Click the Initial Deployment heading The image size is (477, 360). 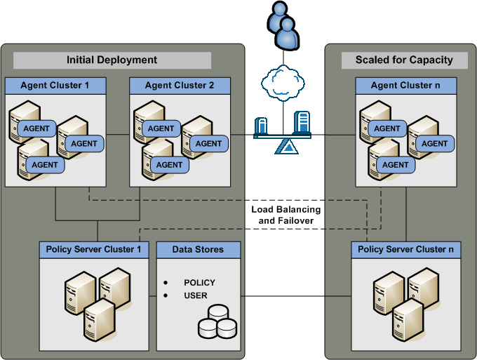point(112,60)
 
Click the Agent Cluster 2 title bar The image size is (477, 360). point(180,86)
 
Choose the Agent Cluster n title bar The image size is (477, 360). point(406,86)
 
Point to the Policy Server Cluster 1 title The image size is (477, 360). point(94,249)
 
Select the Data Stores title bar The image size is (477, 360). point(199,249)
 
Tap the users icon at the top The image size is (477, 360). point(283,25)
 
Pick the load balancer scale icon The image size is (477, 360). point(283,133)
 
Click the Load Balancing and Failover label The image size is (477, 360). point(285,215)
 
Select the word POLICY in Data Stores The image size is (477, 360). point(199,283)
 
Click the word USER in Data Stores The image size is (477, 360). point(196,295)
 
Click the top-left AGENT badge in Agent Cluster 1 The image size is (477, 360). point(36,129)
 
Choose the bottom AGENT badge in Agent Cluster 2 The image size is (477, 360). point(169,165)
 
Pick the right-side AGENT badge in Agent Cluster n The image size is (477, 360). point(434,144)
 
